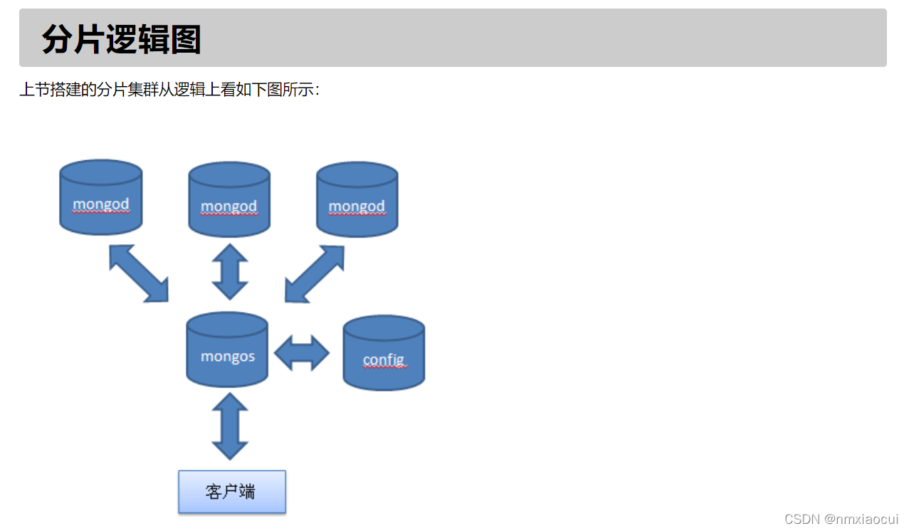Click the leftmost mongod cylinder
point(101,197)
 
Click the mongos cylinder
point(227,349)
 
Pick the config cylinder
point(384,353)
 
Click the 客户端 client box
point(232,491)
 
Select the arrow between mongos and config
point(302,352)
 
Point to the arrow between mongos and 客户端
point(230,426)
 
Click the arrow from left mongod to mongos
point(139,273)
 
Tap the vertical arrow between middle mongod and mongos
point(230,272)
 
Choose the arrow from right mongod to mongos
point(315,274)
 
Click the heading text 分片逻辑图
point(122,38)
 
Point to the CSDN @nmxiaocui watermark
point(841,519)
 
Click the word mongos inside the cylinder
point(228,356)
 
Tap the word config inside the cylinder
point(384,360)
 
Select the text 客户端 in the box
point(231,491)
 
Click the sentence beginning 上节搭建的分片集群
point(169,90)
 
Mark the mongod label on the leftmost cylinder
point(101,204)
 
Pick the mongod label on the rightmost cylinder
point(357,206)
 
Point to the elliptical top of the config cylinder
point(384,327)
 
